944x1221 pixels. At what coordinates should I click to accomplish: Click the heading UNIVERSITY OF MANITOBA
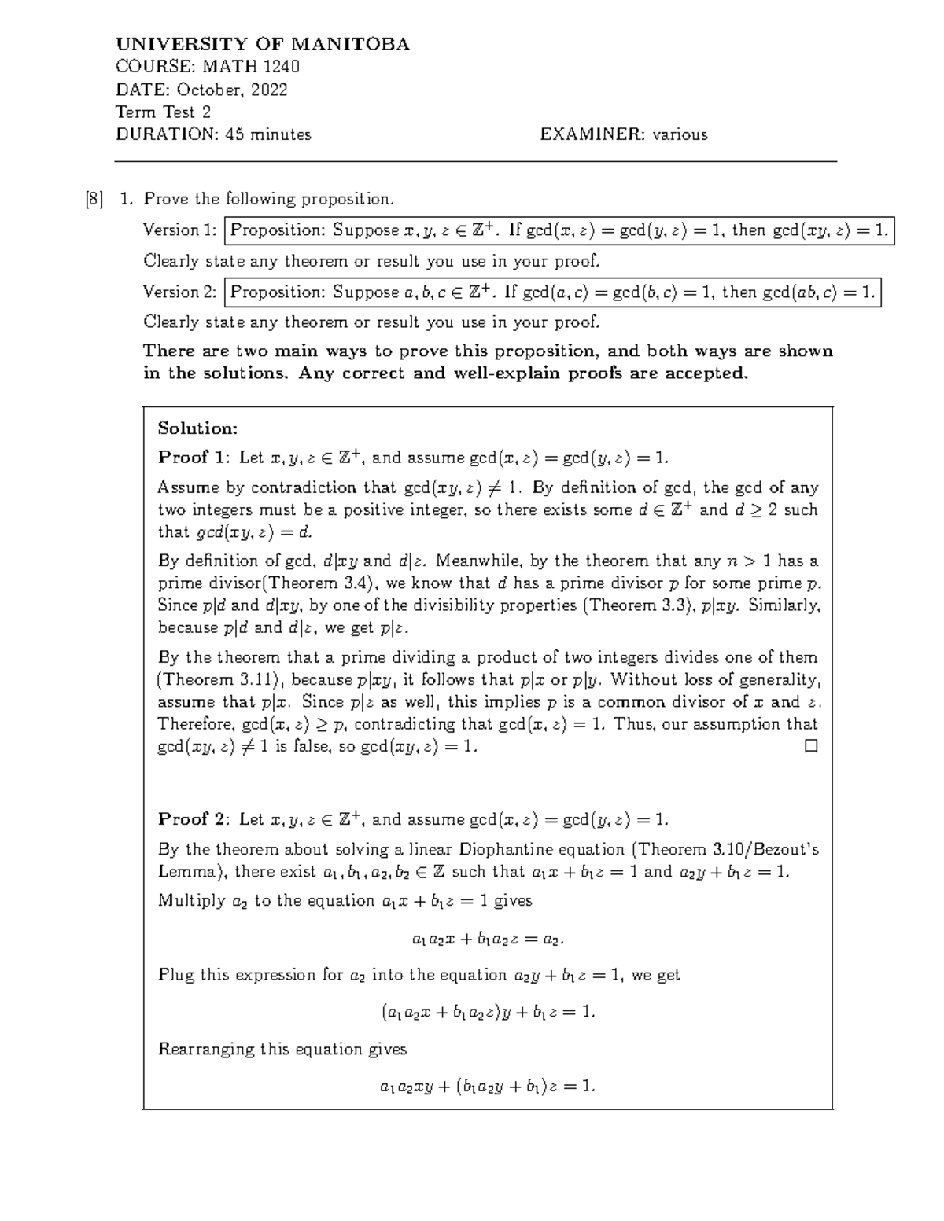pos(263,44)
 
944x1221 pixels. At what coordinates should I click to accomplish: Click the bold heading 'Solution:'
pos(197,428)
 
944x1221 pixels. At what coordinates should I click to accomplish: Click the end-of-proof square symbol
pos(811,746)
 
